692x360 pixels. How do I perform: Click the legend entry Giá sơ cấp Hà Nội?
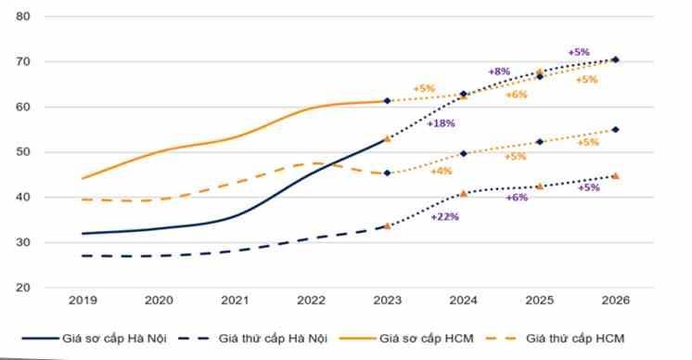95,339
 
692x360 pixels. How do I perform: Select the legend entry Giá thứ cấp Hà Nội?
253,339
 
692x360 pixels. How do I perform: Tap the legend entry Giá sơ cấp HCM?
406,339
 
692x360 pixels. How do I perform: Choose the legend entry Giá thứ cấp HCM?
556,339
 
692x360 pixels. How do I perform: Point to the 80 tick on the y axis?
23,17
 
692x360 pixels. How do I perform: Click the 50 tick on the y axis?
23,152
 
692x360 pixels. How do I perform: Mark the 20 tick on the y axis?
23,288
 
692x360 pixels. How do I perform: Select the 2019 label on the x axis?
83,301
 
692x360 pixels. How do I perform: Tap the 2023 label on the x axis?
388,301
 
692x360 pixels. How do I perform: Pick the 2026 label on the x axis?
616,301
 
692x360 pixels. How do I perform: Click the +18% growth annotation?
441,123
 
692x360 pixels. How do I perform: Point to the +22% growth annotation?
445,217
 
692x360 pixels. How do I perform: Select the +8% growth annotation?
500,71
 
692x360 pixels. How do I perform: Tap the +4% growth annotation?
442,171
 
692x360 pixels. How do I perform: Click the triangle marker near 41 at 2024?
464,193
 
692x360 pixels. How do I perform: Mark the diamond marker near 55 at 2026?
616,130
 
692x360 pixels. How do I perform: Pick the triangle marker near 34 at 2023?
388,225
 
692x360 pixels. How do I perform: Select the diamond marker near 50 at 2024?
464,153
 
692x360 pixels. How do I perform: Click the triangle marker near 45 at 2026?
616,176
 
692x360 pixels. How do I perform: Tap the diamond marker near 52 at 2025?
539,142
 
